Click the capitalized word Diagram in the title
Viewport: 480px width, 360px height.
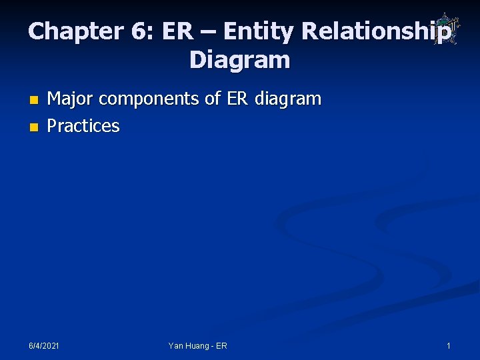coord(240,61)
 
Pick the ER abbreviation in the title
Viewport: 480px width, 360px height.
coord(175,31)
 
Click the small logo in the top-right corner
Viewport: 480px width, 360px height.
coord(443,29)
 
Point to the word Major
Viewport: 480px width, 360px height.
coord(70,99)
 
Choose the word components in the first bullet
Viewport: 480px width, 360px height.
coord(149,100)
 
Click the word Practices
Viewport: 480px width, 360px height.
coord(83,126)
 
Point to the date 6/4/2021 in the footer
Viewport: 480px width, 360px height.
coord(43,346)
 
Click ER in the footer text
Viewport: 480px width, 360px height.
coord(221,346)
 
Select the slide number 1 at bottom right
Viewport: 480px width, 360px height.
coord(449,346)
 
